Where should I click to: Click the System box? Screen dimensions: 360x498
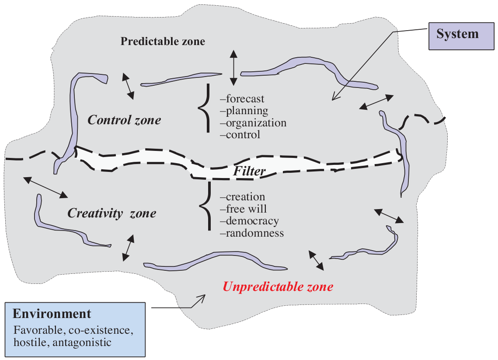coord(457,35)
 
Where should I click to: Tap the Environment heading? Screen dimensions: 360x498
coord(52,314)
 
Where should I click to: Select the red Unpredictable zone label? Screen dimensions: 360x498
coord(278,287)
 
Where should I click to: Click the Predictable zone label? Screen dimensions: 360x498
coord(163,42)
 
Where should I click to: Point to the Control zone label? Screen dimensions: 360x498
coord(124,120)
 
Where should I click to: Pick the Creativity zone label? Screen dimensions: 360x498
coord(111,213)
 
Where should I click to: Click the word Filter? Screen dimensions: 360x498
coord(249,171)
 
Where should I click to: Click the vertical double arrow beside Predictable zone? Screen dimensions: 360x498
coord(233,68)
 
